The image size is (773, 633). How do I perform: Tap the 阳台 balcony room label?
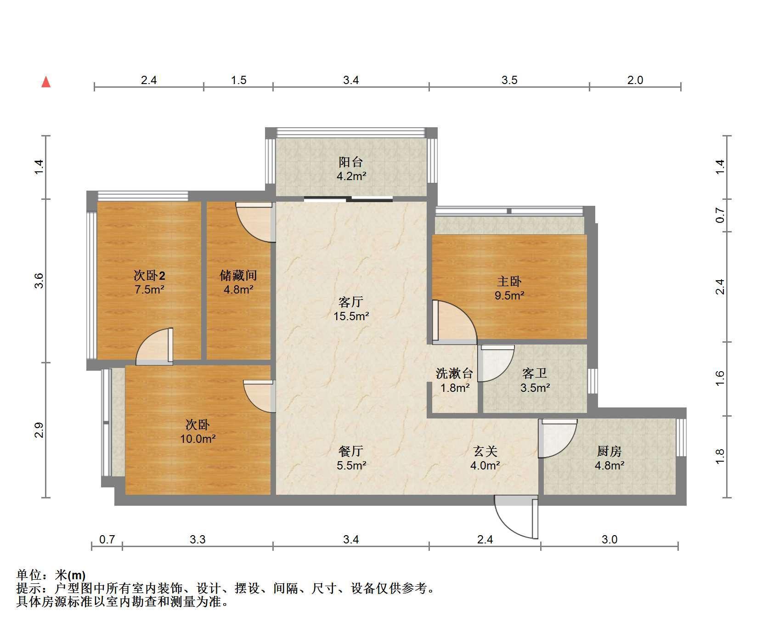coord(351,162)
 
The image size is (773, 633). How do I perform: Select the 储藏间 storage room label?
coord(238,275)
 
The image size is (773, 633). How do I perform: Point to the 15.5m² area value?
coord(351,316)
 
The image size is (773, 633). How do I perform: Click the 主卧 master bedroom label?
coord(509,281)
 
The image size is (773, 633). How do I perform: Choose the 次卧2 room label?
coord(149,275)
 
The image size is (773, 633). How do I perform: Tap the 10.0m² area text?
coord(197,439)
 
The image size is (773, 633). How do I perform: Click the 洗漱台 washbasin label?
coord(454,373)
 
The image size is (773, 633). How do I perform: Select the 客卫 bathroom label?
coord(535,373)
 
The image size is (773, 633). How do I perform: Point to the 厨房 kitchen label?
coord(609,451)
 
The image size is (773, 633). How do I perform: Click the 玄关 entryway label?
coord(485,451)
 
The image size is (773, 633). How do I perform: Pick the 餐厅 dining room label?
coord(351,451)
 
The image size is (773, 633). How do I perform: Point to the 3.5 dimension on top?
coord(509,80)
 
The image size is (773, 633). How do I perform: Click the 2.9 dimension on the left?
coord(39,430)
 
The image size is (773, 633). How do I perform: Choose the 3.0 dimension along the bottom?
coord(609,539)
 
